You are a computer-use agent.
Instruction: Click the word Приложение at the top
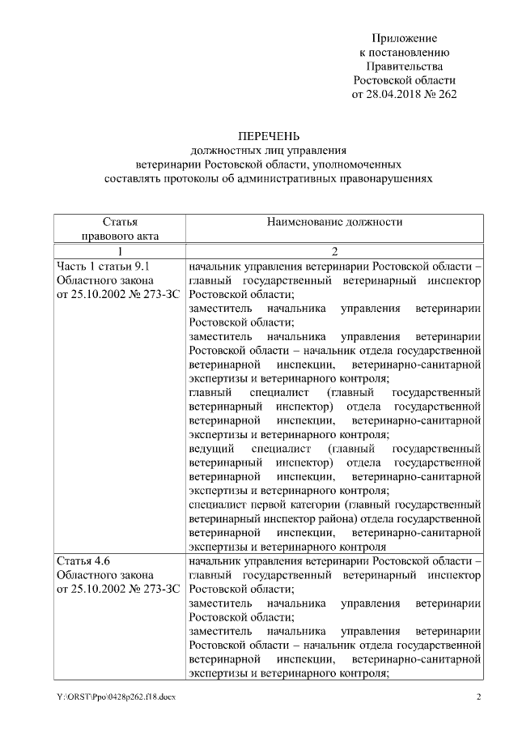coord(404,38)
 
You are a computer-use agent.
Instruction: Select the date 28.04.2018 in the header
coord(398,94)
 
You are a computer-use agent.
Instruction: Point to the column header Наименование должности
coord(334,221)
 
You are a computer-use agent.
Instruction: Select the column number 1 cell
coord(120,251)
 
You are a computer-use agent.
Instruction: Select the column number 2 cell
coord(334,251)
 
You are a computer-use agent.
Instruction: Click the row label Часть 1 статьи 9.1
coord(104,266)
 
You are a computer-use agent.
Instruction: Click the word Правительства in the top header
coord(404,66)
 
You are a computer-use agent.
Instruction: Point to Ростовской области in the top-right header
coord(404,80)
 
